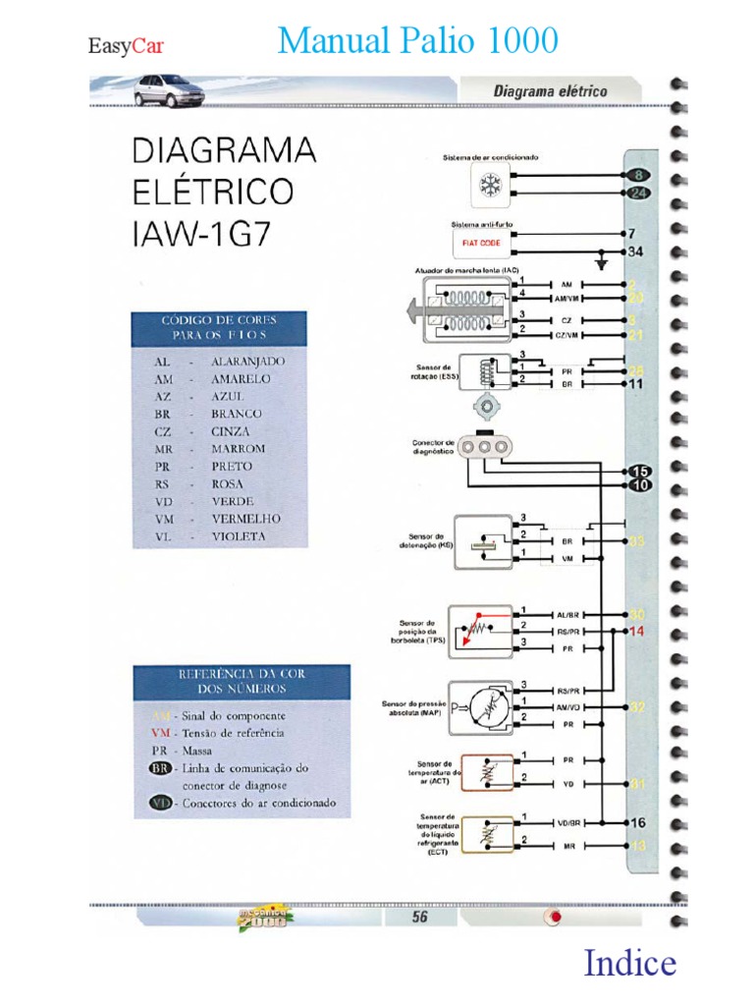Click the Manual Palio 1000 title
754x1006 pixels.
[418, 41]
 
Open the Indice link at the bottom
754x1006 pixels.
[629, 963]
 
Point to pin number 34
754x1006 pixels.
[636, 252]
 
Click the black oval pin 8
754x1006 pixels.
[638, 176]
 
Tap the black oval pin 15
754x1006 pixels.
[639, 472]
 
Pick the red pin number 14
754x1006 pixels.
[636, 631]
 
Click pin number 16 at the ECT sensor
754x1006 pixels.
[636, 823]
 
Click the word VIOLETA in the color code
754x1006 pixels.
[238, 536]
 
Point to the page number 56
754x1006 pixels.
[419, 917]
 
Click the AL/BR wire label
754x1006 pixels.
[568, 614]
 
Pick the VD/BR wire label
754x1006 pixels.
[568, 822]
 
